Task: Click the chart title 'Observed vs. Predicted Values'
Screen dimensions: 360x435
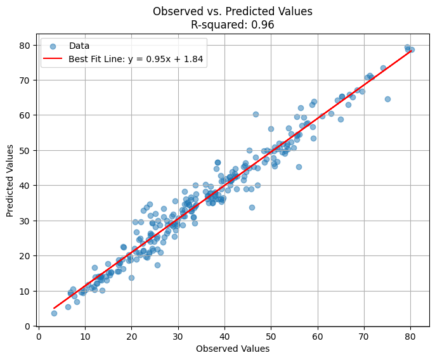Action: [x=233, y=11]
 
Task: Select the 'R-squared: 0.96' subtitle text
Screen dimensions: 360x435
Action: [x=233, y=25]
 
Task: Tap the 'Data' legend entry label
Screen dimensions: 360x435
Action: [x=79, y=46]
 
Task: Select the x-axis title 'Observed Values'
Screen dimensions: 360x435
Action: [x=233, y=349]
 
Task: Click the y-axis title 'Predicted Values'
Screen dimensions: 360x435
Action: [x=10, y=181]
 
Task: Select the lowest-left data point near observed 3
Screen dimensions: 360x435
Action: [x=54, y=313]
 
